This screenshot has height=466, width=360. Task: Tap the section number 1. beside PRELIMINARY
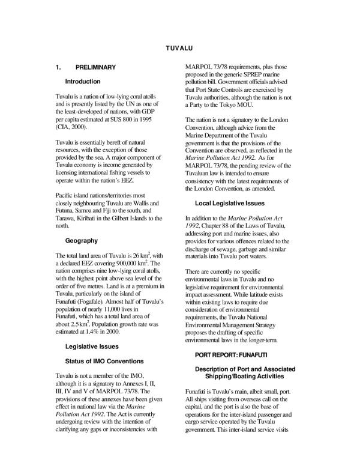coord(58,67)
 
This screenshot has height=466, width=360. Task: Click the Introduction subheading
coord(82,81)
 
